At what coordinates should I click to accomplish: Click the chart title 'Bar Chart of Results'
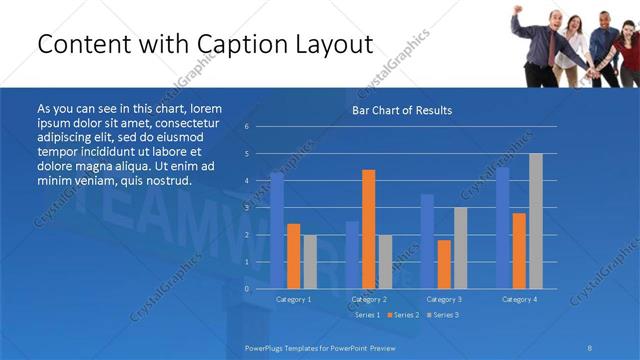point(401,110)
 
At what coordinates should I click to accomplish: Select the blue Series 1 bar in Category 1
point(277,230)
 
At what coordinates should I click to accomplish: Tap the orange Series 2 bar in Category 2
point(368,229)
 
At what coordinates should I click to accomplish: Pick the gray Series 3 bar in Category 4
point(536,221)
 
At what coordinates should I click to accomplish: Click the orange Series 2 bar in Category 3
point(444,264)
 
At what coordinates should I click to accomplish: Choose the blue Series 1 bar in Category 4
point(503,228)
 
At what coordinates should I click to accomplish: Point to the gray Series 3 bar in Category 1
point(310,261)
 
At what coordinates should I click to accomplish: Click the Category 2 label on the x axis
point(369,299)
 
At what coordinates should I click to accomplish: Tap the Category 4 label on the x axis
point(519,299)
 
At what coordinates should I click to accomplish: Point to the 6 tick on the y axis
point(247,127)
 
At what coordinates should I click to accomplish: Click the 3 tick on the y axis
point(247,208)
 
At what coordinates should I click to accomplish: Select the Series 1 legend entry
point(365,315)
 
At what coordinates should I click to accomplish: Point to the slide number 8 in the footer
point(590,348)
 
